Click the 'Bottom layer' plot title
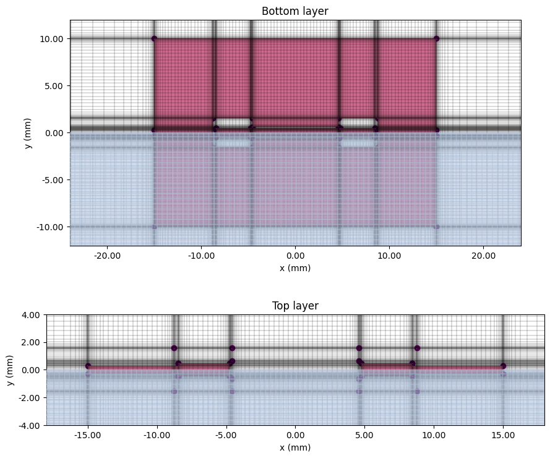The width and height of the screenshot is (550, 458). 295,11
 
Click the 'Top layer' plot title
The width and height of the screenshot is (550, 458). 295,306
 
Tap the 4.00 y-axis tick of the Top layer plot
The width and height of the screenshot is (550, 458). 33,315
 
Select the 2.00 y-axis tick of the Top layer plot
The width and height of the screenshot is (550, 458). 33,342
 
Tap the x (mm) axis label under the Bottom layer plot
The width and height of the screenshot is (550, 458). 295,268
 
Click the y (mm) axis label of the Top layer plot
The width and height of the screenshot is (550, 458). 9,370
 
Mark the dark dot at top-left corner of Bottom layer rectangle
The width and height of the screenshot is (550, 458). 154,38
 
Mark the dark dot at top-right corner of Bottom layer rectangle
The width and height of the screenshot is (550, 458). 436,38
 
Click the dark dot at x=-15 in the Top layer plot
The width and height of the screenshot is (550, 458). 88,366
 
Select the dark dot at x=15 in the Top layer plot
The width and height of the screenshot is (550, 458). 503,366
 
